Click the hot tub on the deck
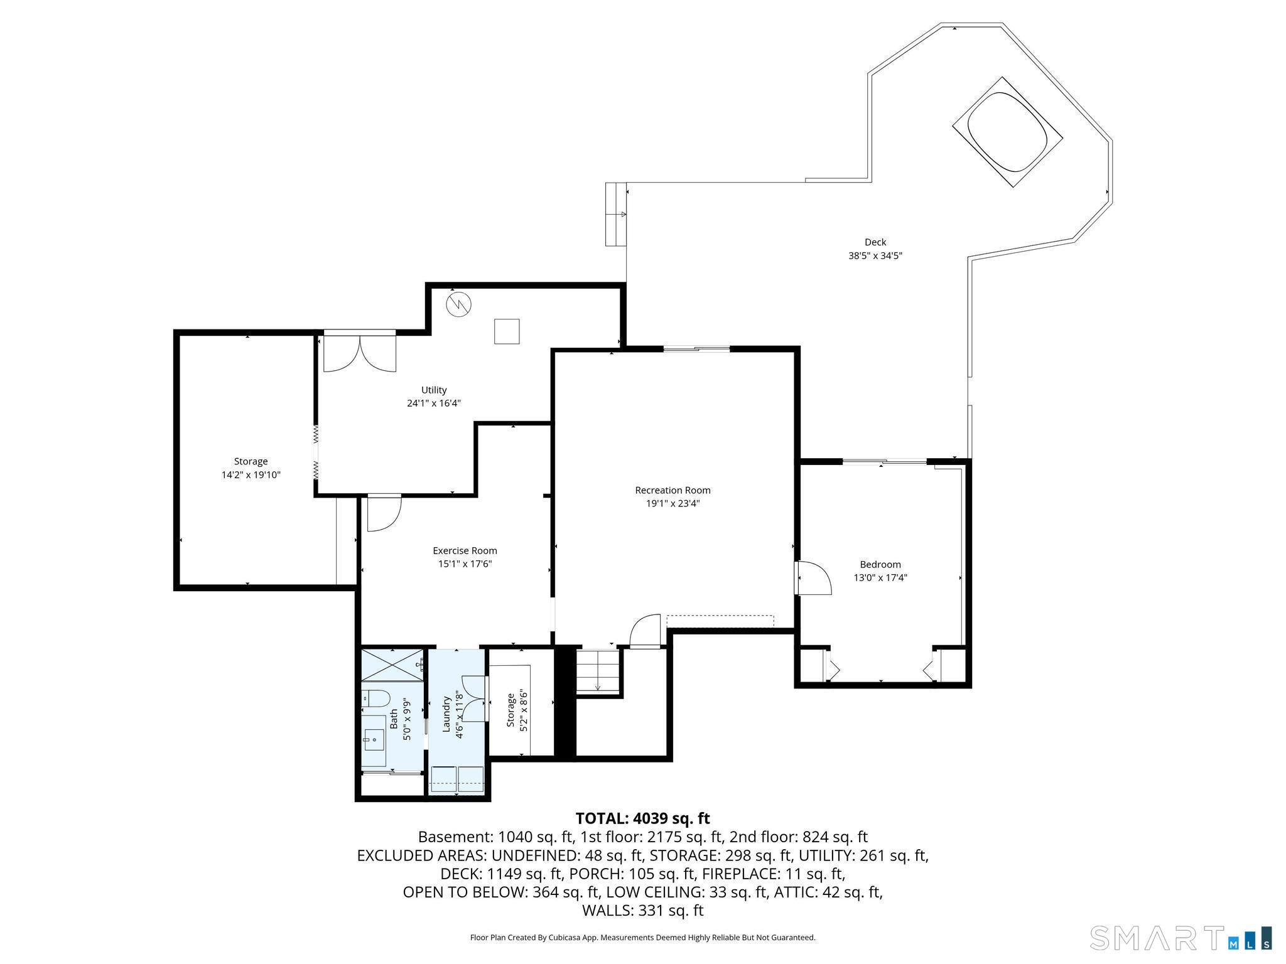tap(1008, 132)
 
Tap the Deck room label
tap(875, 242)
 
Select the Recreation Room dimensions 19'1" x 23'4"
tap(673, 503)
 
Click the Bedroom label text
tap(880, 564)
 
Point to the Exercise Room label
tap(465, 550)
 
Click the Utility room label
tap(434, 390)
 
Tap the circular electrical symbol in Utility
tap(459, 305)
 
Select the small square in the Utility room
tap(507, 331)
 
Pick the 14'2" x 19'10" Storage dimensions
tap(251, 475)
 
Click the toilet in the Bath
tap(376, 697)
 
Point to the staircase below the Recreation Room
tap(598, 671)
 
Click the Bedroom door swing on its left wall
tap(813, 577)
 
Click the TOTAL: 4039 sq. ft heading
tap(642, 818)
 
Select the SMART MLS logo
tap(1181, 937)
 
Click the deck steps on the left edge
tap(616, 214)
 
